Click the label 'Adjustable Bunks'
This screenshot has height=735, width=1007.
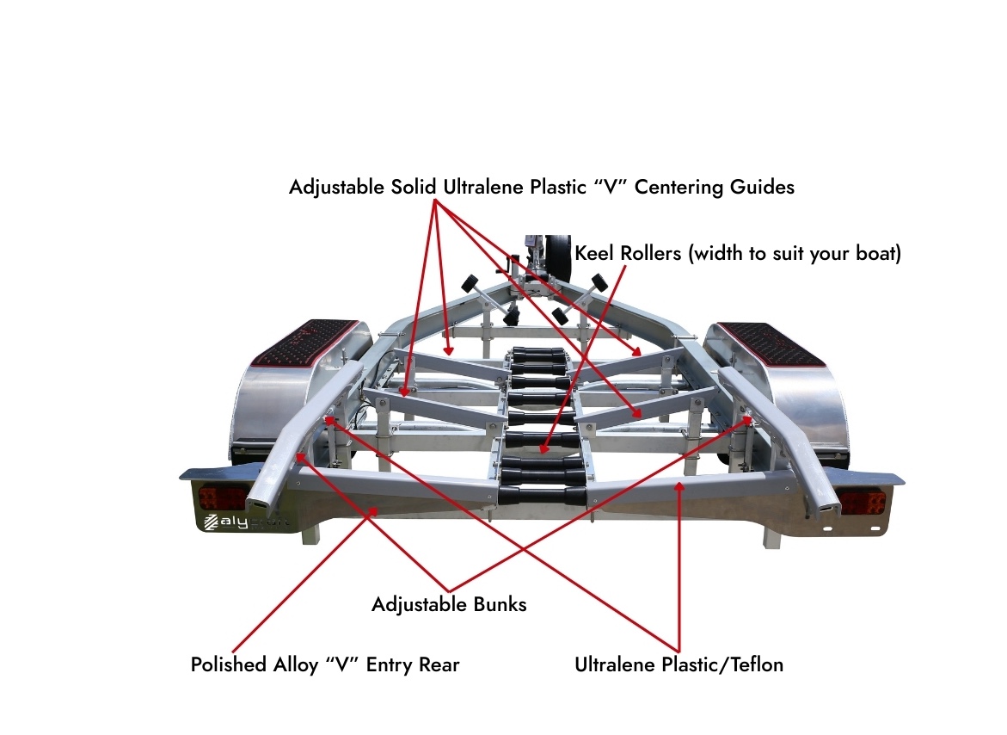point(449,604)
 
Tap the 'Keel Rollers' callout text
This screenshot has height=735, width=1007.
point(737,254)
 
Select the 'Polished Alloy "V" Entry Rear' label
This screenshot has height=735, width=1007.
point(325,665)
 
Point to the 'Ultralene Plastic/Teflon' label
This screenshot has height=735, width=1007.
point(678,664)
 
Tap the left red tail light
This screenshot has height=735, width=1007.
point(223,497)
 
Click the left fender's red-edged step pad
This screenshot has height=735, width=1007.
point(313,341)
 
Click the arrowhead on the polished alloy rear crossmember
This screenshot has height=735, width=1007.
point(374,511)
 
